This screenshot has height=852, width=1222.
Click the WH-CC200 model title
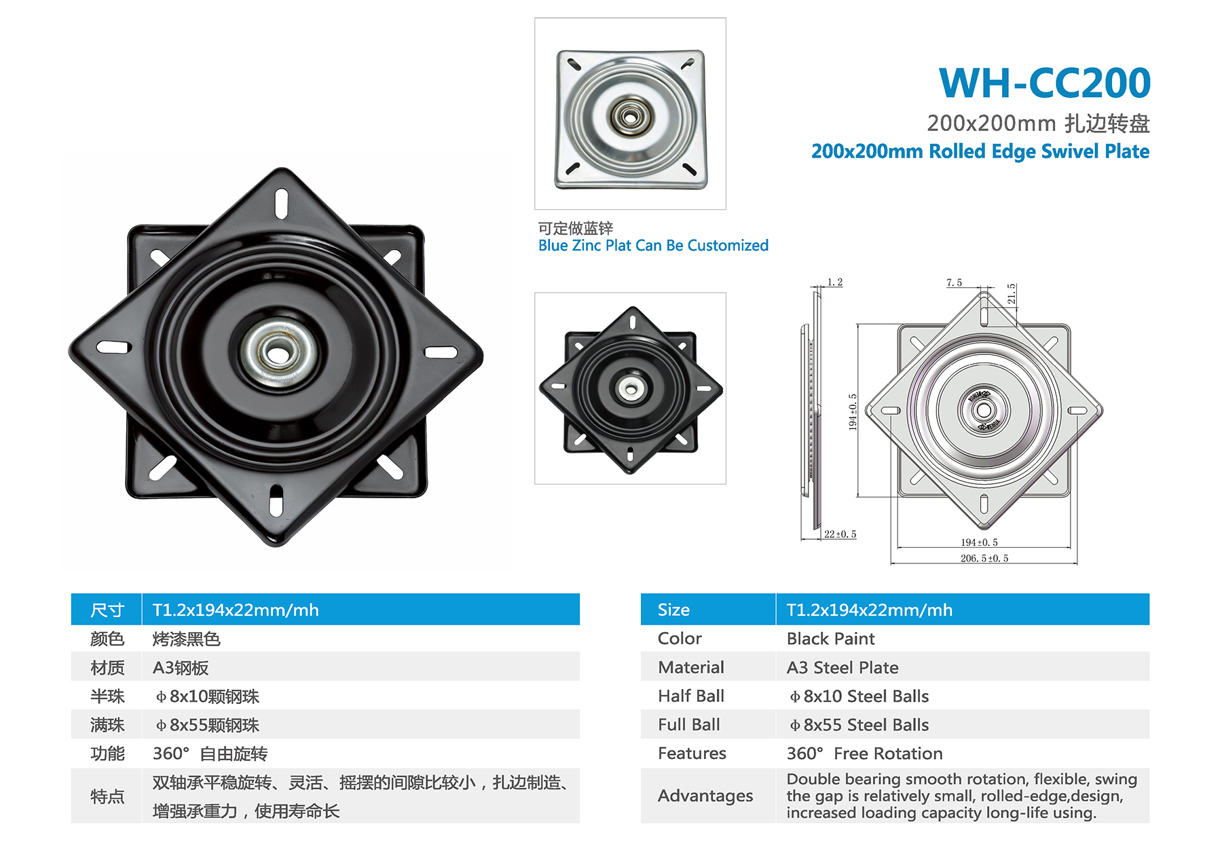coord(1044,83)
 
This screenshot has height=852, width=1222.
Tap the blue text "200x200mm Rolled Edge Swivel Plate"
coord(980,151)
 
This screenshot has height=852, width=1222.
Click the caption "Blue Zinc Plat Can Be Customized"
coord(653,245)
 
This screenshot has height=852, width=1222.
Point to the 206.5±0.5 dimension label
coord(984,558)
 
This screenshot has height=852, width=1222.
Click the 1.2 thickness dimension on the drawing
coord(835,282)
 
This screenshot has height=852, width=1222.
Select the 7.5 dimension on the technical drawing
coord(954,282)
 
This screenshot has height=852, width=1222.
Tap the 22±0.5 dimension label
coord(840,534)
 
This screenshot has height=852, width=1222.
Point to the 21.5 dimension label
coord(1012,293)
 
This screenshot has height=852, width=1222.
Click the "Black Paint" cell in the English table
coord(830,639)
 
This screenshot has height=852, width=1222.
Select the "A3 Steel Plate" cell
coord(843,667)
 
